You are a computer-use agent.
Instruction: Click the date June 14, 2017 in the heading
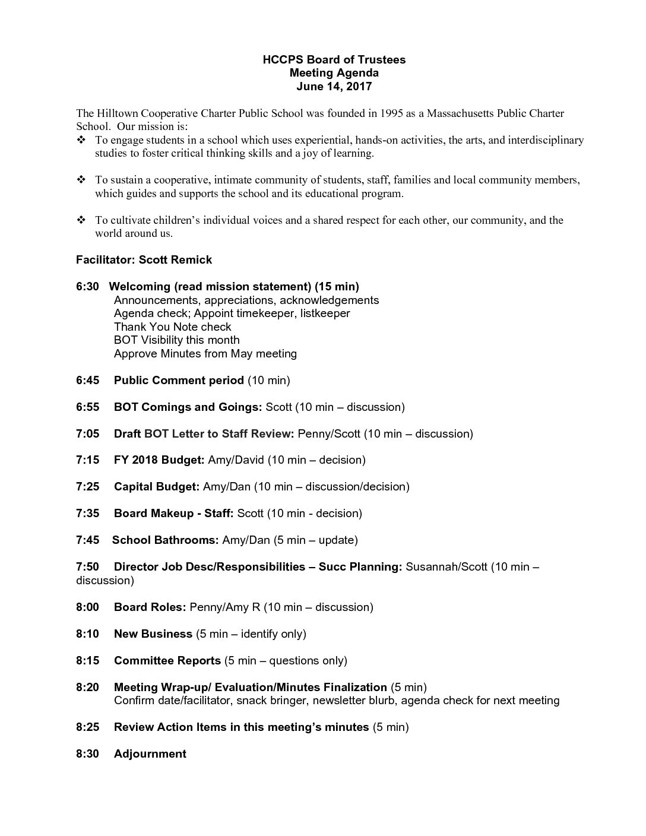pyautogui.click(x=334, y=87)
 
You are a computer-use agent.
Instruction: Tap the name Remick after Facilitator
pyautogui.click(x=191, y=260)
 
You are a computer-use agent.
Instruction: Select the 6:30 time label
pyautogui.click(x=87, y=287)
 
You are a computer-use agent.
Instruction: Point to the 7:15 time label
pyautogui.click(x=87, y=460)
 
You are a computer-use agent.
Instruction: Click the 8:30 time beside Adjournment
pyautogui.click(x=87, y=754)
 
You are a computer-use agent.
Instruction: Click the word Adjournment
pyautogui.click(x=150, y=754)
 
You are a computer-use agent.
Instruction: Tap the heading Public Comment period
pyautogui.click(x=179, y=381)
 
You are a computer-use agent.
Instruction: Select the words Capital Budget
pyautogui.click(x=156, y=487)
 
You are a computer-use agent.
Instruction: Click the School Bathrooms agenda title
pyautogui.click(x=166, y=540)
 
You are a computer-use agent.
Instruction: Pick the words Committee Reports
pyautogui.click(x=167, y=661)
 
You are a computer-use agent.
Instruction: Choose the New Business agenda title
pyautogui.click(x=153, y=634)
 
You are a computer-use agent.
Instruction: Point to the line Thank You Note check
pyautogui.click(x=172, y=327)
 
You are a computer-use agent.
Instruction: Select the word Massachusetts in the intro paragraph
pyautogui.click(x=460, y=113)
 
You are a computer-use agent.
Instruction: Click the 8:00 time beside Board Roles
pyautogui.click(x=87, y=607)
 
